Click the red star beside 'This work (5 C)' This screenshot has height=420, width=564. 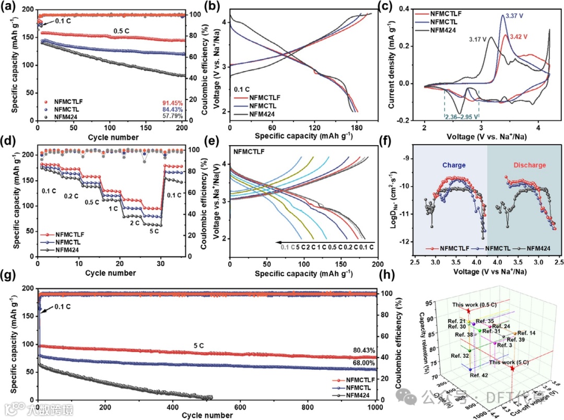(512, 368)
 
